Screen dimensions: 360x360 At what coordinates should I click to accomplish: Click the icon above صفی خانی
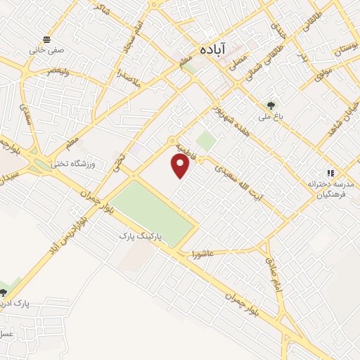[x=46, y=39]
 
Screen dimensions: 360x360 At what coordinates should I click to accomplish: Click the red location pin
[x=181, y=165]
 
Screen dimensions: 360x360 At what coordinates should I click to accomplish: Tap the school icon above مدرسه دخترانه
[x=328, y=173]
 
